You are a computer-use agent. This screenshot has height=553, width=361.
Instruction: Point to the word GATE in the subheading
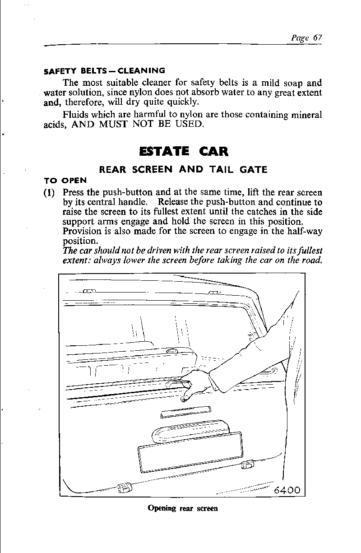point(251,170)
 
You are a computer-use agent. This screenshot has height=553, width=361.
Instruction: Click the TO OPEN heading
point(65,180)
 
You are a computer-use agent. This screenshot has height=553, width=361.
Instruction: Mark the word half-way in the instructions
point(307,232)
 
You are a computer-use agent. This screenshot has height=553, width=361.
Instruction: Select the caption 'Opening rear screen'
point(183,508)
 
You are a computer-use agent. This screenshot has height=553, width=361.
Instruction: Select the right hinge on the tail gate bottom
point(247,465)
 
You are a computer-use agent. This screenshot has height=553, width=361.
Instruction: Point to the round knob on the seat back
point(171,351)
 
